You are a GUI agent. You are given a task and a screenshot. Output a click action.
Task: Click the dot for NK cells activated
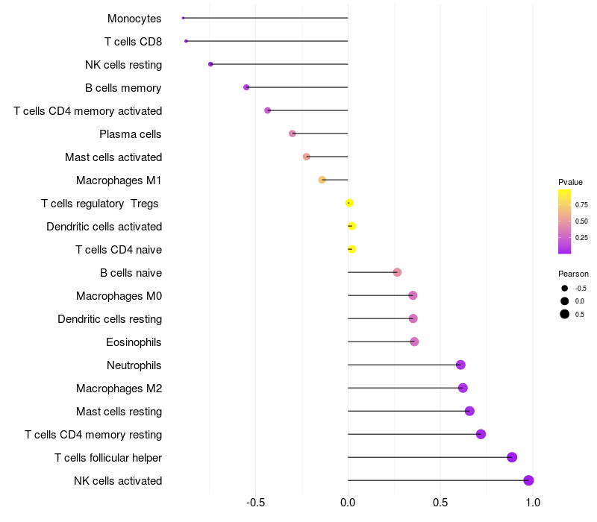[x=528, y=480]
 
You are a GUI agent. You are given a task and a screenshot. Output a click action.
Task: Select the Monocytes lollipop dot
[x=183, y=18]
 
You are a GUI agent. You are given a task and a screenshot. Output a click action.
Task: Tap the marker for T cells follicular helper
[x=512, y=457]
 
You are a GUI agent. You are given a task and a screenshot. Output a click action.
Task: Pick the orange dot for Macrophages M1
[x=322, y=180]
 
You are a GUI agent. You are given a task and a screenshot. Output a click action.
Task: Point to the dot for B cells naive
[x=397, y=272]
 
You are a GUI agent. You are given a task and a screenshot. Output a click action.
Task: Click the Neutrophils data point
[x=460, y=365]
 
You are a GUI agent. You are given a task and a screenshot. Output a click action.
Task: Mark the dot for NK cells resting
[x=210, y=64]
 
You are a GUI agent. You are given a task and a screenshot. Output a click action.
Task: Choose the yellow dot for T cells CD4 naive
[x=351, y=249]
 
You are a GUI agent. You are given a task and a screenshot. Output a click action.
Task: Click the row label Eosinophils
[x=134, y=342]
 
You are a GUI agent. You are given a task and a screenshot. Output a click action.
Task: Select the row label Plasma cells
[x=131, y=134]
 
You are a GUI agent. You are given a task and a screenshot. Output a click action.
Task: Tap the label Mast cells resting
[x=119, y=411]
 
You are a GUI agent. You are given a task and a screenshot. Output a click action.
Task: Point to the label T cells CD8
[x=134, y=41]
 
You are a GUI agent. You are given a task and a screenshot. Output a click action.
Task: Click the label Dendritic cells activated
[x=104, y=226]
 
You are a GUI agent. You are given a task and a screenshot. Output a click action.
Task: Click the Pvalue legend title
[x=571, y=182]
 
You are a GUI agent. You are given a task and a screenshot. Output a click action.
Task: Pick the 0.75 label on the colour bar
[x=581, y=204]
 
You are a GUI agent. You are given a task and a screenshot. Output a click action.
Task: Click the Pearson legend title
[x=573, y=274]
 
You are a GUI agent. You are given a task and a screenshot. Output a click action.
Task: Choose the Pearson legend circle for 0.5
[x=565, y=314]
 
